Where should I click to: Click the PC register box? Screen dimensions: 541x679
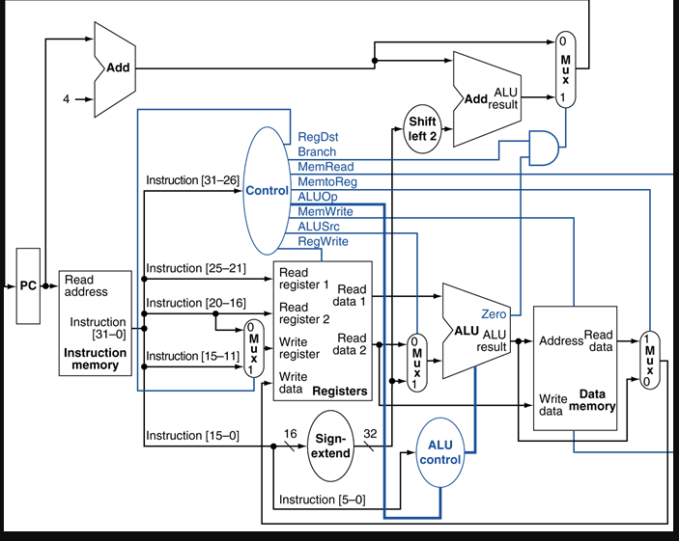click(28, 285)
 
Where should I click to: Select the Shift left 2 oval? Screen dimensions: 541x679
click(422, 129)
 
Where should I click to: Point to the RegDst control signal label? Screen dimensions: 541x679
click(318, 137)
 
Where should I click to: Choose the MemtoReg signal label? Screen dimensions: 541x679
click(325, 181)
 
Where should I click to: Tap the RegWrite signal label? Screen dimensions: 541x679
click(323, 241)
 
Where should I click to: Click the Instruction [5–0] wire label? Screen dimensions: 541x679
click(322, 500)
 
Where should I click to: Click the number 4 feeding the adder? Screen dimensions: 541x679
click(67, 99)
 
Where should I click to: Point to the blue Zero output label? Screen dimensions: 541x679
click(494, 313)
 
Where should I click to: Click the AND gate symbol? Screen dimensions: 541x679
click(544, 148)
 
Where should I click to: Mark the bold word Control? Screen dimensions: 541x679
click(267, 190)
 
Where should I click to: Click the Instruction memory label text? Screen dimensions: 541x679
click(95, 359)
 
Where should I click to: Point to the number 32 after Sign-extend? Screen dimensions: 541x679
click(370, 434)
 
